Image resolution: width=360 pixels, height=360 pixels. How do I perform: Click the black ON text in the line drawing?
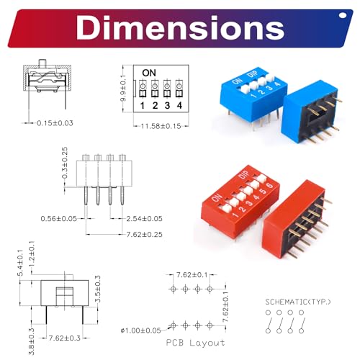pyautogui.click(x=149, y=73)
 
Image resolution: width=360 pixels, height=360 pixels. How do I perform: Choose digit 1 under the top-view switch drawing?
pyautogui.click(x=143, y=106)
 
